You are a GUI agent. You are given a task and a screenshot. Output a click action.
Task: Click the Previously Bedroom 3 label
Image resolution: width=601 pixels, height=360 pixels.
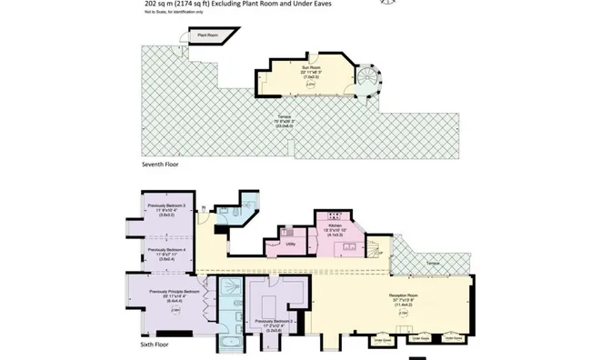click(x=166, y=205)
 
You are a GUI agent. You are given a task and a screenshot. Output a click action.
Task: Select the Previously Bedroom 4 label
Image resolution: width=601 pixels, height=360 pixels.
click(x=166, y=249)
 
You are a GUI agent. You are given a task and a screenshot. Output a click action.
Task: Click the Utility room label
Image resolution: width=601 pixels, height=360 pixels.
click(x=289, y=244)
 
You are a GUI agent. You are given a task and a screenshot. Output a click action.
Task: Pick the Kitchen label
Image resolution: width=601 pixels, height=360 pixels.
click(x=334, y=225)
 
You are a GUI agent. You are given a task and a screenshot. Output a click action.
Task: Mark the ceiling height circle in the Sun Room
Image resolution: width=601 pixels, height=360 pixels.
click(x=298, y=85)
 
